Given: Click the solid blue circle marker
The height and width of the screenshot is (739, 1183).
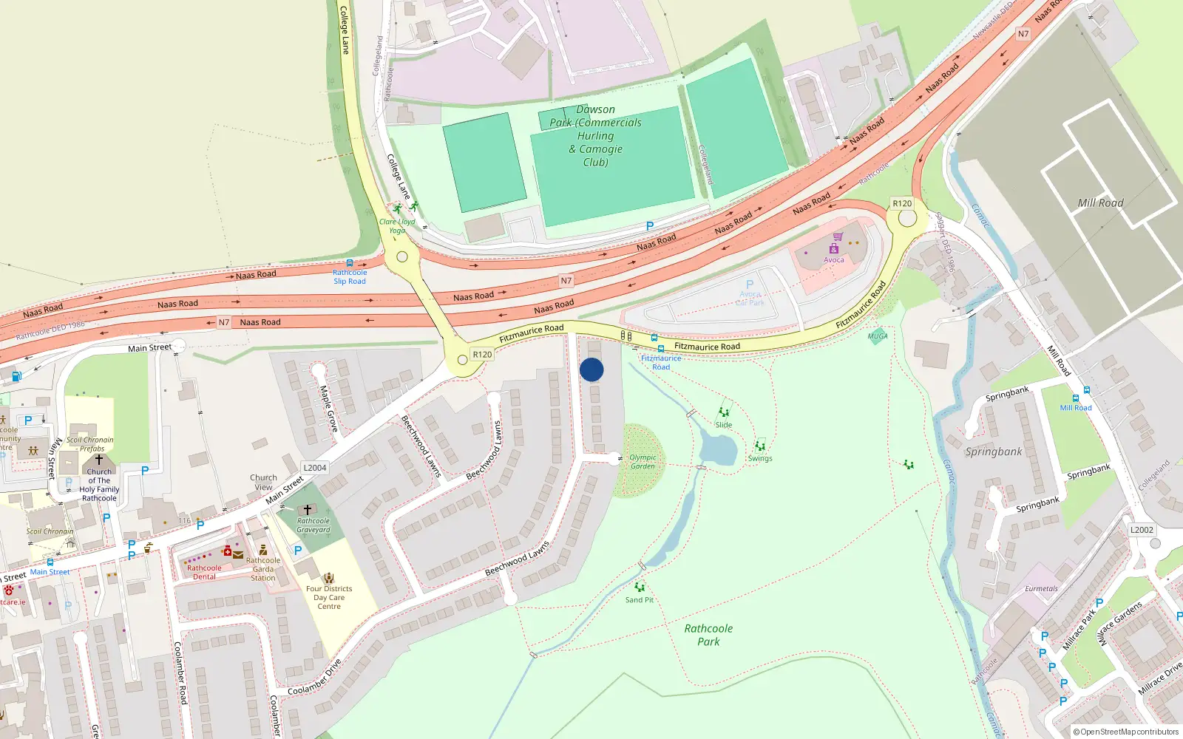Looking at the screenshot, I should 591,369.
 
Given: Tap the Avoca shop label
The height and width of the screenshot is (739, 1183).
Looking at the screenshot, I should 833,259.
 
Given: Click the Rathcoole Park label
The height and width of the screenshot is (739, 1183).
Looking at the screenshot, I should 708,635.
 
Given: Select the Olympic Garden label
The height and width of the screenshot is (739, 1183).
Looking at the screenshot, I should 643,462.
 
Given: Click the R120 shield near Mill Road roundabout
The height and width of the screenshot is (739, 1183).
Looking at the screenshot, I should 902,203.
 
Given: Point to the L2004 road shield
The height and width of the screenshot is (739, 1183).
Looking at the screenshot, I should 315,468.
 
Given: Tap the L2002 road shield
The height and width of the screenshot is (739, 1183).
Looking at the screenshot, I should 1142,530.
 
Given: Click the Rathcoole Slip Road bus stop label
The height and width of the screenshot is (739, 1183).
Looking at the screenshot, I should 350,276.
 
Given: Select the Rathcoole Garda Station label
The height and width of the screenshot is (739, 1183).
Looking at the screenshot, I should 263,569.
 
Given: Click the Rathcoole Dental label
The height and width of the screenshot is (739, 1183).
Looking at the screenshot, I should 204,572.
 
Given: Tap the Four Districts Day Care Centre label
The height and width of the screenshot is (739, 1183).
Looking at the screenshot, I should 329,597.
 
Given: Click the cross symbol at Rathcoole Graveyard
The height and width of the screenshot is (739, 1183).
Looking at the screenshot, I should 308,510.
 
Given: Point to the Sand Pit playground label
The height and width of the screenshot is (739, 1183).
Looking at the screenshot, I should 640,600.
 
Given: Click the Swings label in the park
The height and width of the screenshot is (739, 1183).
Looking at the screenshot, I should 760,458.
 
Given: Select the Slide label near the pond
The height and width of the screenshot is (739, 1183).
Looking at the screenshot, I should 724,425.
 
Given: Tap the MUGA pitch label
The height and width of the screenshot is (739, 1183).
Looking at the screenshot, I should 878,336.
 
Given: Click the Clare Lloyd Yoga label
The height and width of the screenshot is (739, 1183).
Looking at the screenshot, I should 397,226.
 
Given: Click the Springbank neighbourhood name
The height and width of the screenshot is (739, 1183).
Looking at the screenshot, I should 994,452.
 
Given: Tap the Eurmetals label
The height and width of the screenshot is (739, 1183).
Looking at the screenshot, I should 1041,589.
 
